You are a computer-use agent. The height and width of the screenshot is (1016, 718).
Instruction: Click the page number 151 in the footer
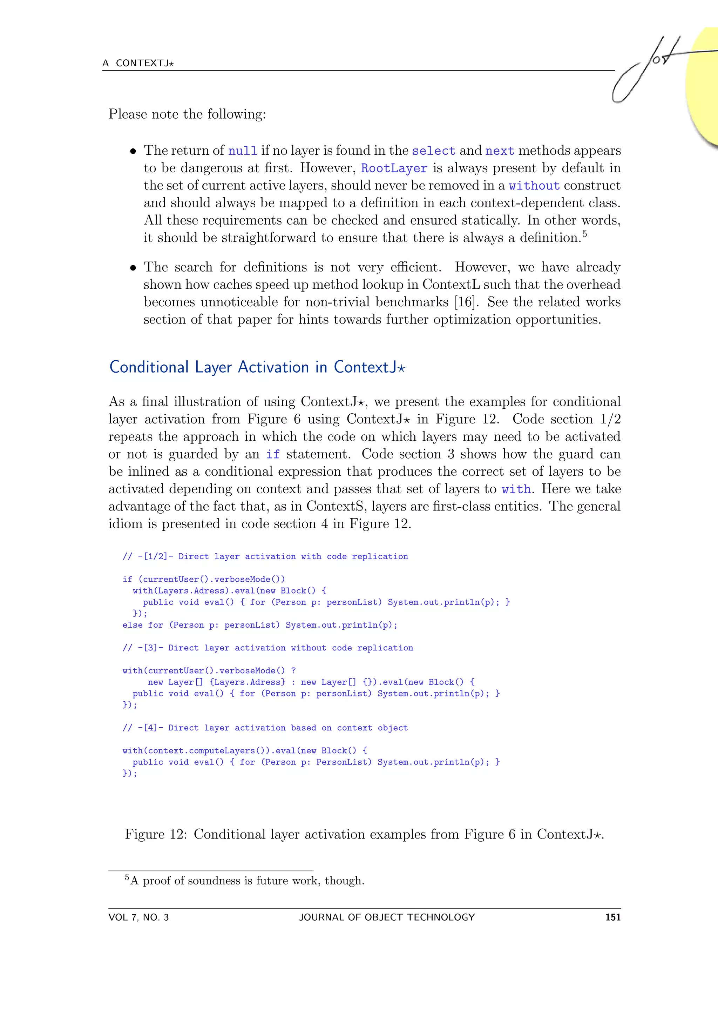point(613,917)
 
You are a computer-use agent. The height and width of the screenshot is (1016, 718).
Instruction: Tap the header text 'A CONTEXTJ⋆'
point(138,63)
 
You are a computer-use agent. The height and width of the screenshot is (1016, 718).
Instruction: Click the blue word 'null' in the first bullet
point(242,151)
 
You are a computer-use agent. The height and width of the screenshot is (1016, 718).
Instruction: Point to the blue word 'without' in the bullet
point(534,186)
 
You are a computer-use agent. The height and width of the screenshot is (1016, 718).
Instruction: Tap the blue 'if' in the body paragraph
point(272,454)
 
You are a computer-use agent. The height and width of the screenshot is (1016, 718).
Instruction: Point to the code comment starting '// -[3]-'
point(267,648)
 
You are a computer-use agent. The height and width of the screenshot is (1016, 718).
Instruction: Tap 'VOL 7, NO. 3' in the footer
point(138,917)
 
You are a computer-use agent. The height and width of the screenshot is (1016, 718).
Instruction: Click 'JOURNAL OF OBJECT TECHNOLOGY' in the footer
point(387,917)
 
